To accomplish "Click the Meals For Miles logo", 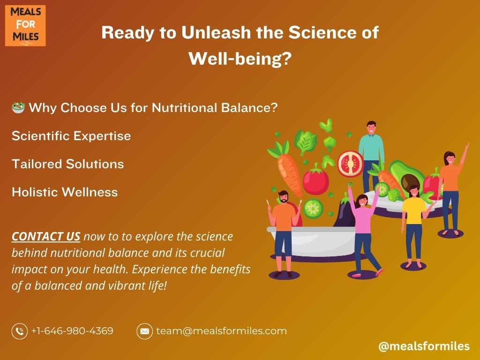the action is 25,26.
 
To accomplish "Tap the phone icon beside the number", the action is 20,331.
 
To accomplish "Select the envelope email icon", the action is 144,331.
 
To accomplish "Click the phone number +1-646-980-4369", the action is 72,331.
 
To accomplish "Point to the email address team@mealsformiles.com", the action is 221,331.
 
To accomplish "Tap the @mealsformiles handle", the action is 424,346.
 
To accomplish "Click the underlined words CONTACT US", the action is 46,236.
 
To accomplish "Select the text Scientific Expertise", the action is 71,136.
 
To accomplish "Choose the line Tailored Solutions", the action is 67,164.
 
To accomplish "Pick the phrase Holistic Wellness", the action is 65,192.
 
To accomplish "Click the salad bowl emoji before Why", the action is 18,108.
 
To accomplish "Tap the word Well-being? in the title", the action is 240,59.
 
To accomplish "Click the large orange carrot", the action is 286,169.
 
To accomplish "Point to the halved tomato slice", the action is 350,164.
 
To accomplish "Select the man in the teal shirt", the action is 371,156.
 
